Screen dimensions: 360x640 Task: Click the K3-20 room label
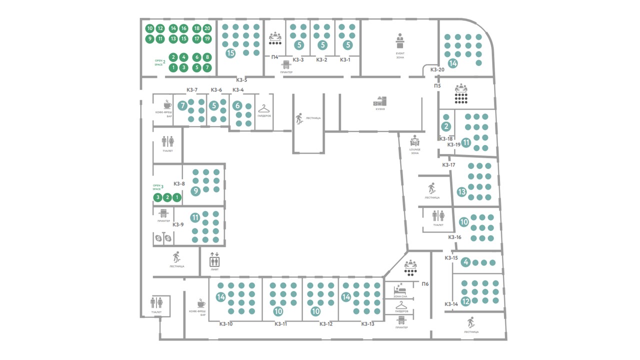(437, 69)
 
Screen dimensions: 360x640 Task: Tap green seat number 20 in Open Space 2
(207, 28)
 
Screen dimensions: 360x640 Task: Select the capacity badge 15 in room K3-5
(230, 52)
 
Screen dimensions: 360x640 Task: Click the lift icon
(214, 259)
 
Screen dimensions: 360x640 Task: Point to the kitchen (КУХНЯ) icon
(380, 101)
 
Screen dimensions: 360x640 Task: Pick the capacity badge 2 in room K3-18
(446, 127)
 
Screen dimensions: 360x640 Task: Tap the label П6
(425, 284)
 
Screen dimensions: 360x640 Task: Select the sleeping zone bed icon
(399, 289)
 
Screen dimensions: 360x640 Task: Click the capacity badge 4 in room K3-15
(466, 262)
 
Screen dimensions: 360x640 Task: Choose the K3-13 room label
(368, 323)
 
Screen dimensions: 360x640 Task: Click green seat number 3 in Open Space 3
(157, 197)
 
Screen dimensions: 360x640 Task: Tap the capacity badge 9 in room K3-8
(195, 190)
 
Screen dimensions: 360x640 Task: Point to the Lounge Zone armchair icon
(414, 141)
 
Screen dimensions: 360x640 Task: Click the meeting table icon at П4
(275, 37)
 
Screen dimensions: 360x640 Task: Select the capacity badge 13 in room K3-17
(461, 191)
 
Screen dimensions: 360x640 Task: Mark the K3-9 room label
(178, 224)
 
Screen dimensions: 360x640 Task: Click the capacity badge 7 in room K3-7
(183, 105)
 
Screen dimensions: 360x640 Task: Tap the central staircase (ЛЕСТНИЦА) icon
(299, 118)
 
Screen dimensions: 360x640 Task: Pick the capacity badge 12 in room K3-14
(465, 301)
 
